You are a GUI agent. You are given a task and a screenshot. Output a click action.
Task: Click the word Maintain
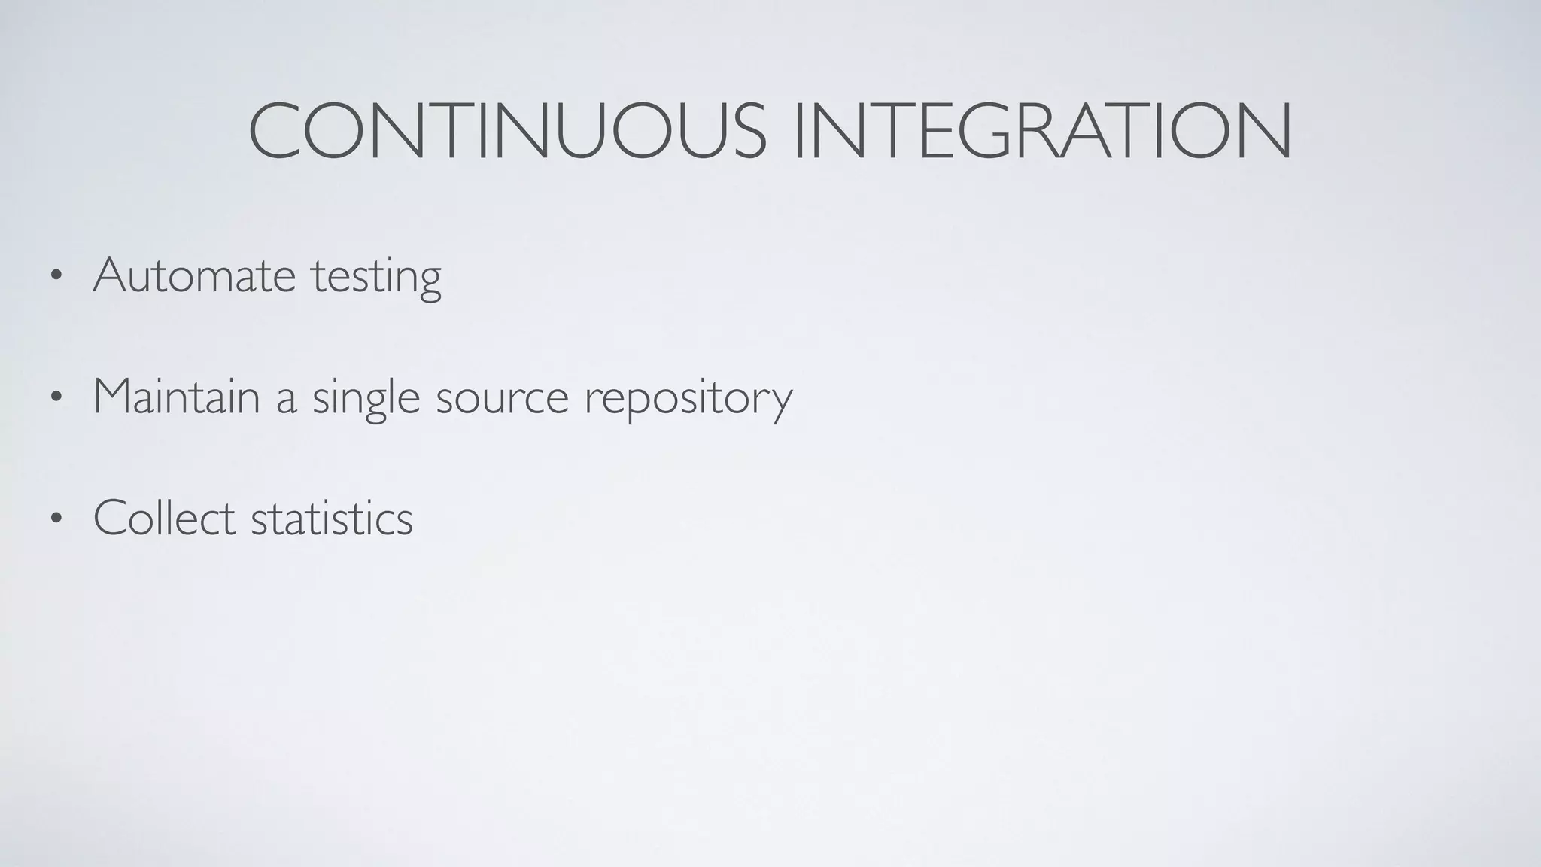pos(176,397)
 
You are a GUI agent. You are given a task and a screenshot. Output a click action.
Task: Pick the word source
pos(502,400)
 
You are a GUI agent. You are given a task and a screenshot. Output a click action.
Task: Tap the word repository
pos(688,400)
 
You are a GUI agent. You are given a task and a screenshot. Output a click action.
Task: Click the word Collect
pos(164,518)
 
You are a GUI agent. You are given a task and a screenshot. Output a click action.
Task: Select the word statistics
pos(332,519)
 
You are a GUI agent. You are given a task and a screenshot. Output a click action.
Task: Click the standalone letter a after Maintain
pos(286,400)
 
